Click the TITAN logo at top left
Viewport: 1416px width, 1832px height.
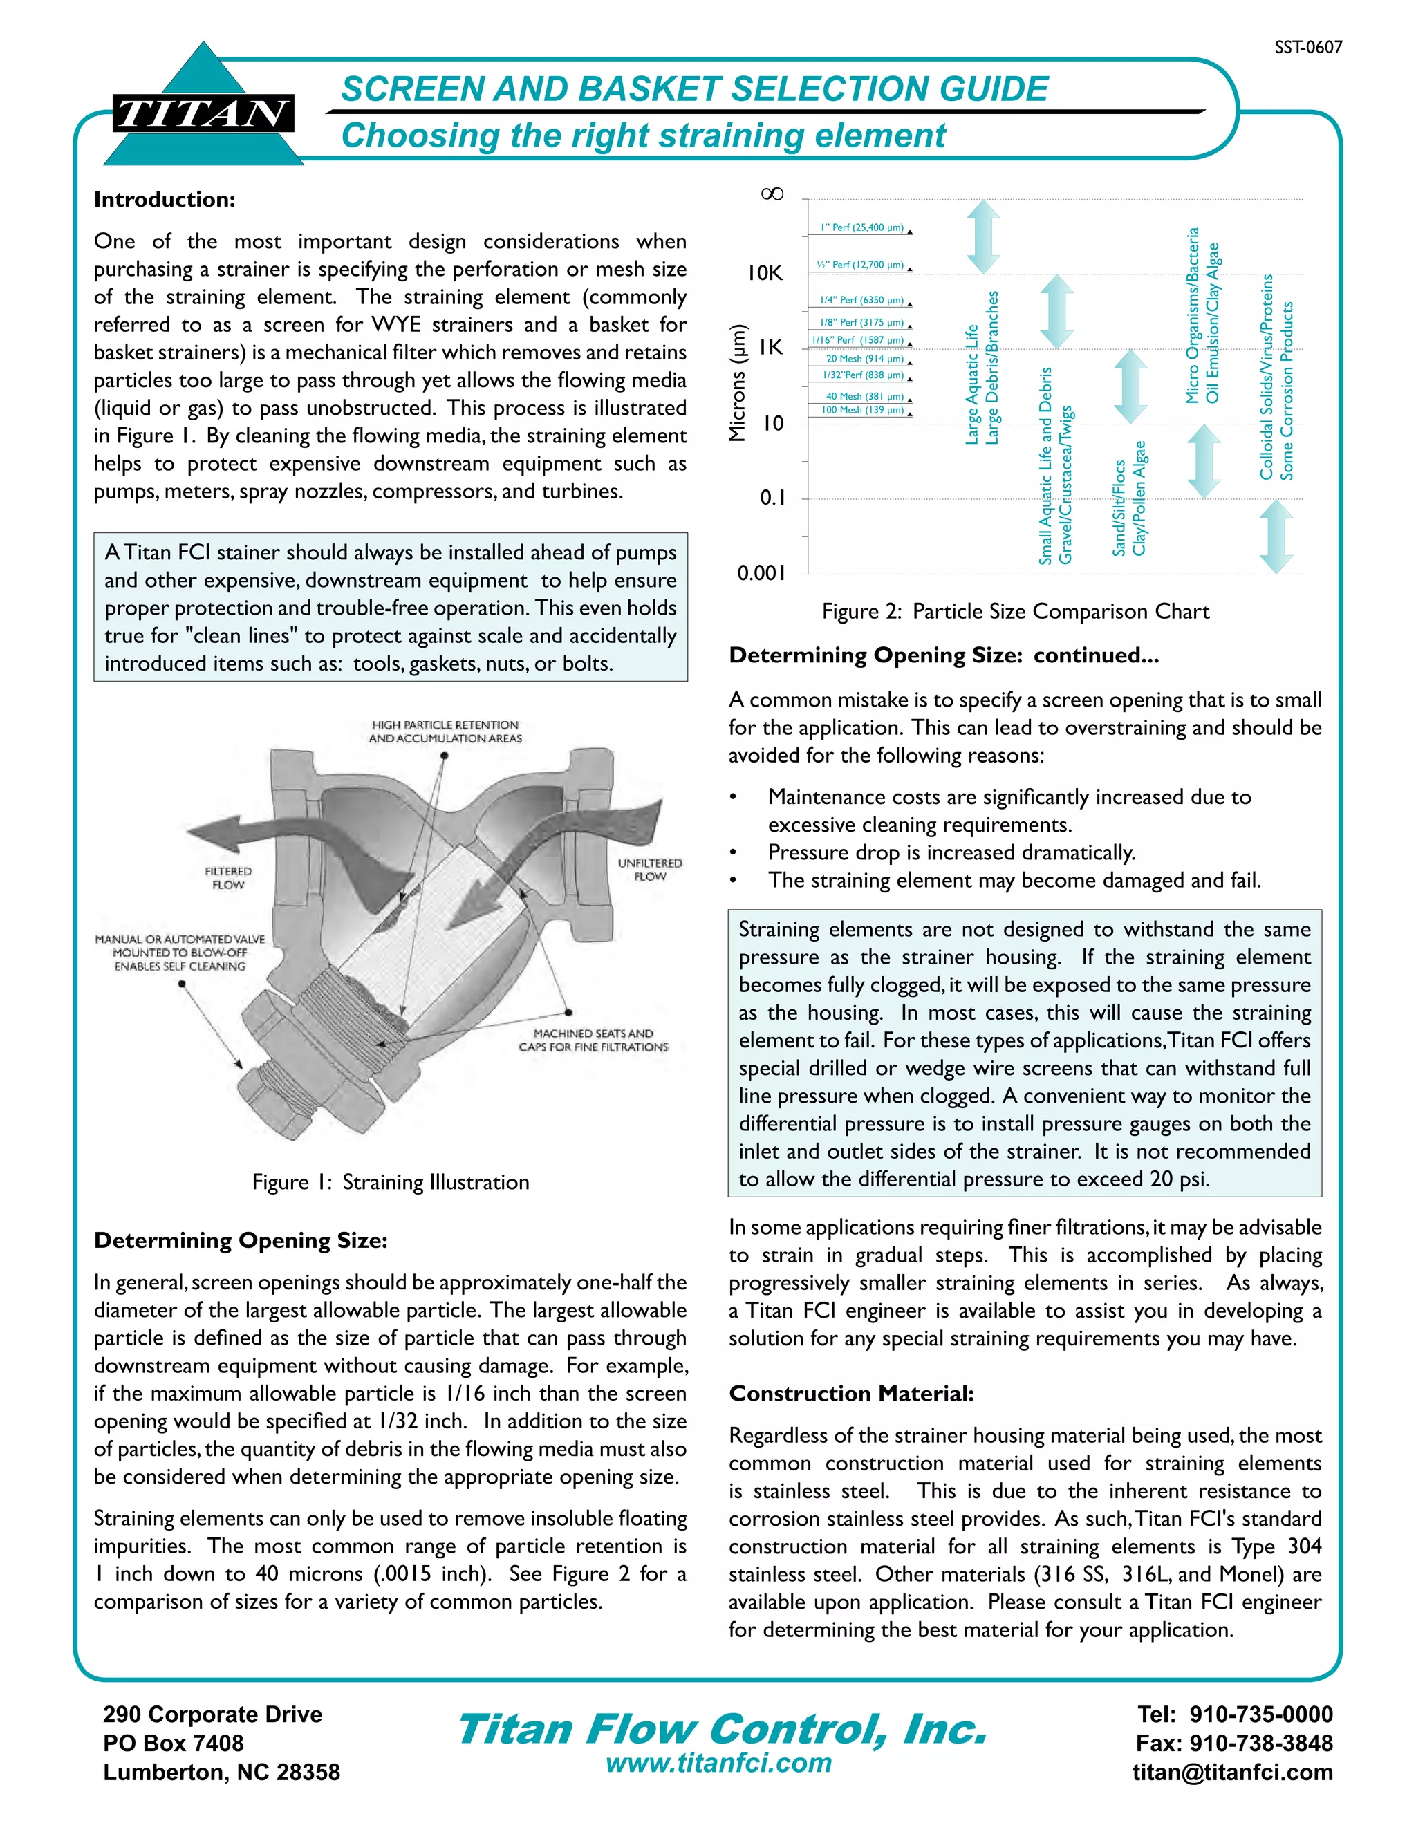(203, 113)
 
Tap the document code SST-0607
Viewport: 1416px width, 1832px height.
(1307, 48)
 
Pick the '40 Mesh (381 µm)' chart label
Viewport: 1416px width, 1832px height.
(865, 397)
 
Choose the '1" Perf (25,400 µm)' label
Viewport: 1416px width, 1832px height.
(861, 228)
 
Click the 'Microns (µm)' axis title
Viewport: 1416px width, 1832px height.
(736, 382)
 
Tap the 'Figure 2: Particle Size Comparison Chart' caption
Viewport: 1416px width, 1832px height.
(1015, 612)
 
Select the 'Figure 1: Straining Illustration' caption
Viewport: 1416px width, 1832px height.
(390, 1182)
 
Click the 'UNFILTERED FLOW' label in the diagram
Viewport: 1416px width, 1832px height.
(649, 870)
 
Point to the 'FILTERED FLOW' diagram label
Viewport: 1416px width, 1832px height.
(228, 878)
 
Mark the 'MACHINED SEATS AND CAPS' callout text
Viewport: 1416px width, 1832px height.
(593, 1040)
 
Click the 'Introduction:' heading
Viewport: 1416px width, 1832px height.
(165, 200)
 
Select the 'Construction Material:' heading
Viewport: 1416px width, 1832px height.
(851, 1394)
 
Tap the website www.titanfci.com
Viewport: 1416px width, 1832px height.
(719, 1764)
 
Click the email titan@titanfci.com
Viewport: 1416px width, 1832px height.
(1232, 1773)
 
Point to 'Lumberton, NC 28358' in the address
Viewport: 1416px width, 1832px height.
(221, 1773)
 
